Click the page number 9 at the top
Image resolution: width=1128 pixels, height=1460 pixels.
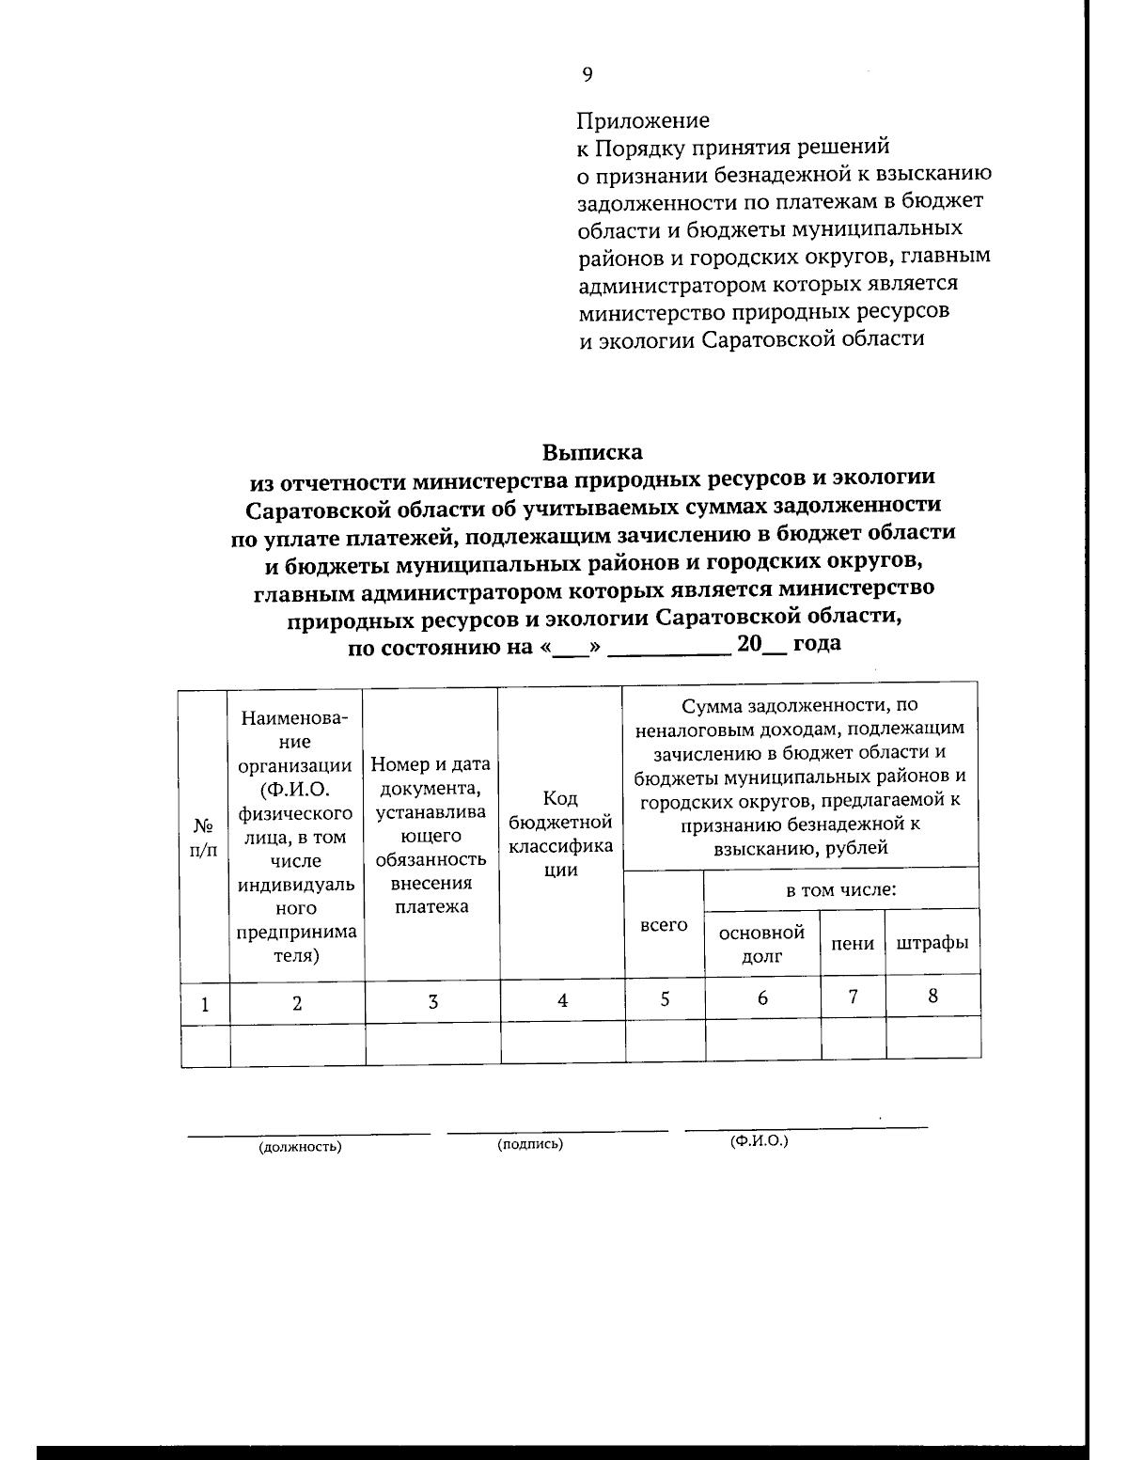(x=587, y=75)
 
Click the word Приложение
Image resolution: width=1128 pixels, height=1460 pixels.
(x=643, y=120)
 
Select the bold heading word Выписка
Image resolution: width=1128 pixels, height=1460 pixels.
(x=592, y=452)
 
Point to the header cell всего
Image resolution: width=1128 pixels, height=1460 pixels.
(x=664, y=925)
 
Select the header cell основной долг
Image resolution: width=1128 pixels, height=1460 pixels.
(x=761, y=944)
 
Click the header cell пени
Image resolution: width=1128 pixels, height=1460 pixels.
(x=853, y=943)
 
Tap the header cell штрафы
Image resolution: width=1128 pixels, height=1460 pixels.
(x=932, y=942)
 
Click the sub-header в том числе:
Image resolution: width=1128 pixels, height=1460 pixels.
(x=840, y=889)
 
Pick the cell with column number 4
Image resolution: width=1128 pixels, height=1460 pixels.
(x=562, y=1001)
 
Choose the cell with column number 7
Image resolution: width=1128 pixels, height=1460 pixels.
(x=853, y=997)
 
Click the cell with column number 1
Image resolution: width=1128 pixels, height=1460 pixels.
(x=205, y=1004)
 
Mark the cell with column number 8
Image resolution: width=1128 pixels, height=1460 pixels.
(x=932, y=996)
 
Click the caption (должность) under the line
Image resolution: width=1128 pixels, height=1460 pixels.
(x=300, y=1147)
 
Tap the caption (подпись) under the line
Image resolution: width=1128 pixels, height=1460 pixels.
(x=530, y=1144)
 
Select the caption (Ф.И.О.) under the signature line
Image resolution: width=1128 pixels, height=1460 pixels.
(x=759, y=1140)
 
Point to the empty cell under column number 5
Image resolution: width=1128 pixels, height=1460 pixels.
(x=665, y=1042)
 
